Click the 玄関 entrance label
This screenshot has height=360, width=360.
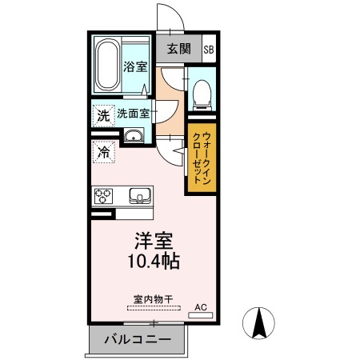click(179, 49)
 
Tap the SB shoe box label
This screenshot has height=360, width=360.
click(209, 49)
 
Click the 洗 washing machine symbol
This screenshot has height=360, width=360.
click(102, 114)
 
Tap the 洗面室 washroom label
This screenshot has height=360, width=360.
click(134, 114)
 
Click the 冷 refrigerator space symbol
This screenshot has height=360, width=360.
click(104, 150)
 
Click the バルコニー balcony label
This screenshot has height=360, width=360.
click(138, 341)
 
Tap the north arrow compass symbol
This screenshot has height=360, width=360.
click(258, 325)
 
